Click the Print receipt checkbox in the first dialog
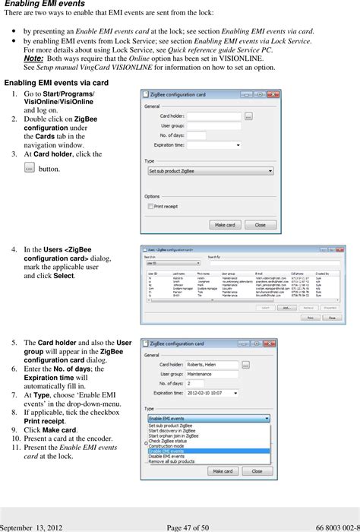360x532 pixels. (x=151, y=206)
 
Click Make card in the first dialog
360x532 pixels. (x=226, y=225)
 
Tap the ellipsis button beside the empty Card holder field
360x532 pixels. (x=248, y=116)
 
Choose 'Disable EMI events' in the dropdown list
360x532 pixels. (x=170, y=456)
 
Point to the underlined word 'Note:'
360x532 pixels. (x=33, y=58)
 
